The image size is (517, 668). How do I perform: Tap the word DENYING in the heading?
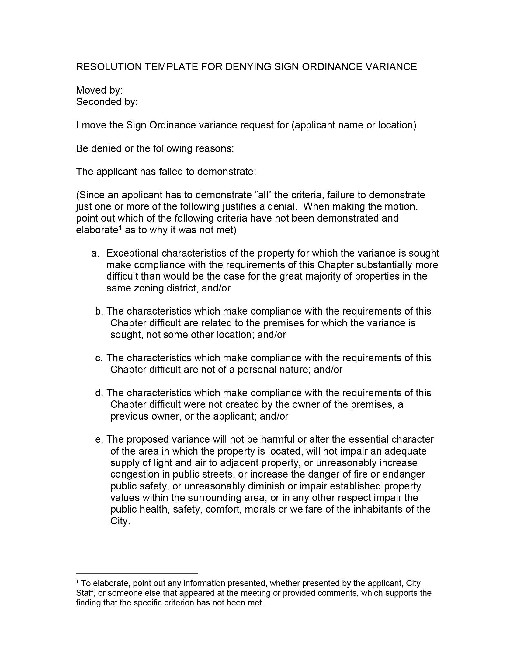[x=248, y=67]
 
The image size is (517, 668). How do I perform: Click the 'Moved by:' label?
[x=99, y=90]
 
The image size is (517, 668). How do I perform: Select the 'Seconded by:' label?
[x=107, y=101]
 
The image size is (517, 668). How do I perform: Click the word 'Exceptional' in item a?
[x=133, y=253]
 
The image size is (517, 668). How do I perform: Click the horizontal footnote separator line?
[x=137, y=574]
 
